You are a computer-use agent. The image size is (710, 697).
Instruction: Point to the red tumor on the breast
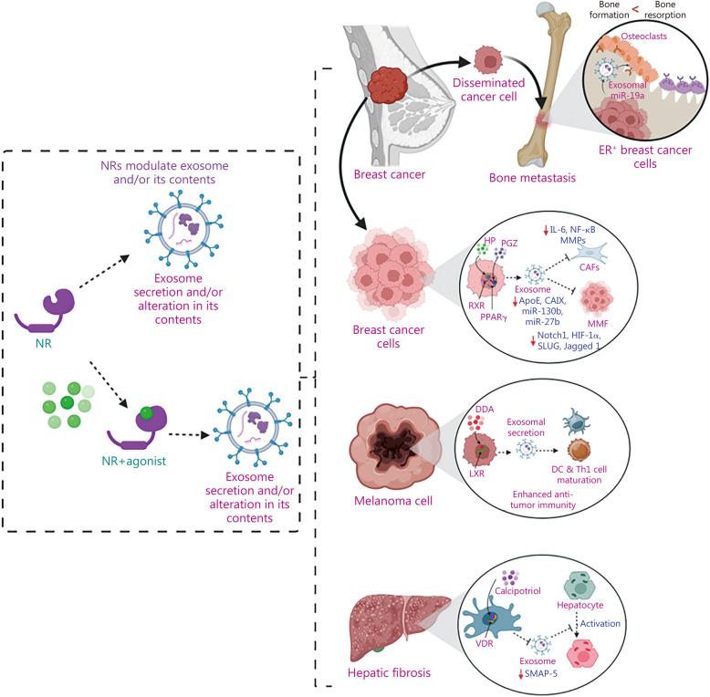388,88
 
